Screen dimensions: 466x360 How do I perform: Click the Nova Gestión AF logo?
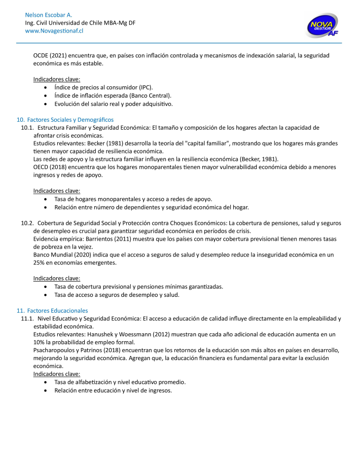click(x=323, y=26)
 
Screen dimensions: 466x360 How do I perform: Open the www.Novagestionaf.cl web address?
click(x=54, y=31)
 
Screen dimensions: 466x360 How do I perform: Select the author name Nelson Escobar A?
click(x=48, y=15)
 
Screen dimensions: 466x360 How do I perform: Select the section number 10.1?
click(x=27, y=128)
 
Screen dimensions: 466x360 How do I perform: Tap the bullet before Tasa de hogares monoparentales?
click(x=46, y=199)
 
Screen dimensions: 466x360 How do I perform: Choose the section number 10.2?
click(x=27, y=223)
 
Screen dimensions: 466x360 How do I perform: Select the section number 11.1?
click(x=27, y=319)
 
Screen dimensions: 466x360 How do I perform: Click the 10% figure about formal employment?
click(x=40, y=342)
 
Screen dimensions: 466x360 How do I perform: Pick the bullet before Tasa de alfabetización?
click(x=46, y=383)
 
